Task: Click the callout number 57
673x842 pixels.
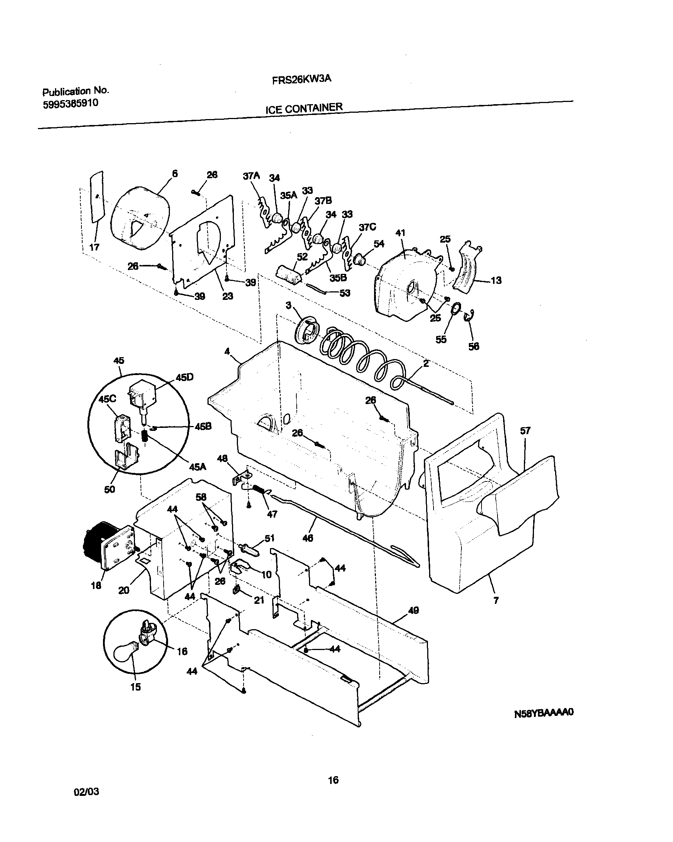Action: click(x=525, y=431)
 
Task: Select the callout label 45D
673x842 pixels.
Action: click(x=184, y=377)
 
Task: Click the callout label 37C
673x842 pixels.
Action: click(x=367, y=227)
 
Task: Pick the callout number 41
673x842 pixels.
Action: click(x=400, y=233)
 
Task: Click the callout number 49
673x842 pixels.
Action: click(x=413, y=610)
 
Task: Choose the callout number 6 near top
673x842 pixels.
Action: click(x=175, y=174)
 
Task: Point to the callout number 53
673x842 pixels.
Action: click(x=345, y=293)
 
